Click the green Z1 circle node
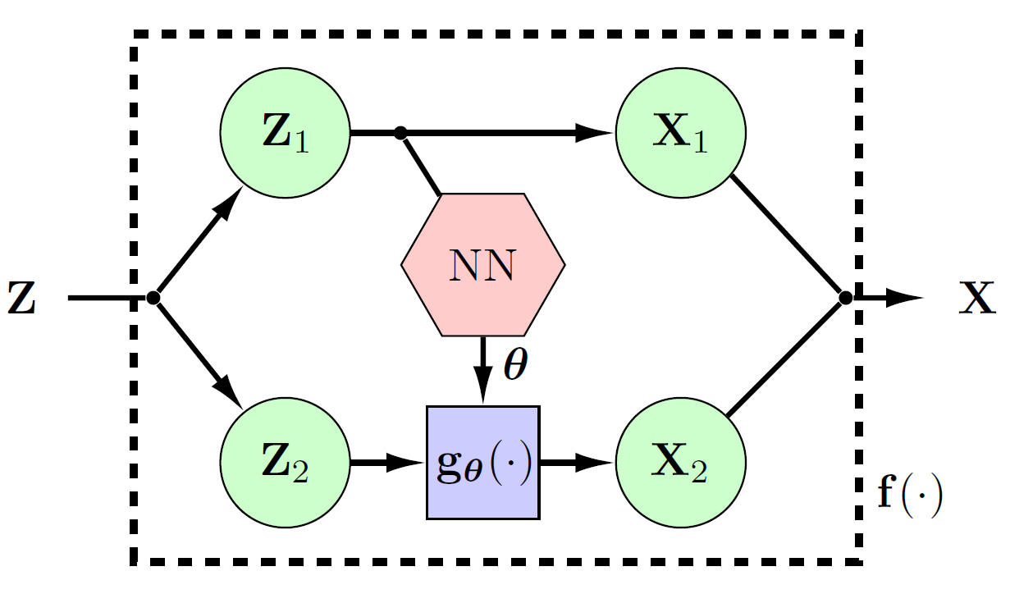pos(285,133)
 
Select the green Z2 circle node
pos(285,464)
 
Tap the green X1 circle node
pos(681,133)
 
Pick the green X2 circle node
pos(681,464)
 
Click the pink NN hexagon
pos(482,265)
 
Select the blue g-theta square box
pos(482,463)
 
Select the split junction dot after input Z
pos(153,298)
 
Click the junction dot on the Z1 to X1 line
pos(400,133)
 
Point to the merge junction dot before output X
pos(846,298)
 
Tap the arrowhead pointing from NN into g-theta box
pos(483,390)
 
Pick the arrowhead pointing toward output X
pos(907,298)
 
